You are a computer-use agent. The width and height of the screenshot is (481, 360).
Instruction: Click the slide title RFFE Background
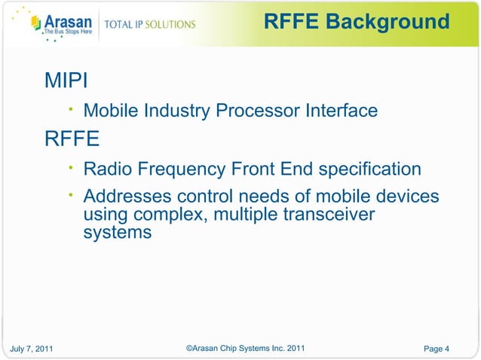tap(357, 22)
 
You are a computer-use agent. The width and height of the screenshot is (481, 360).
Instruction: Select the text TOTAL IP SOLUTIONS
tap(149, 24)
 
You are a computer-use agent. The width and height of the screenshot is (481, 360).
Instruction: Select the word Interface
tap(341, 111)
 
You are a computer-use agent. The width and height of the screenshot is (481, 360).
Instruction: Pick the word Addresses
tap(127, 197)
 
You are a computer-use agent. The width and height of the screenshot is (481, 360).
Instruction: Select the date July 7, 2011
tap(32, 348)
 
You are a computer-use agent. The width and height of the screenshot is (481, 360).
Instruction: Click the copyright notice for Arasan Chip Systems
tap(244, 347)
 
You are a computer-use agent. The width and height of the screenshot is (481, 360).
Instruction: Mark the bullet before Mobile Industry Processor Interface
tap(69, 110)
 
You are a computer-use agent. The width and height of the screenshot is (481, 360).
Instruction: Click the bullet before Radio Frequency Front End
tap(69, 167)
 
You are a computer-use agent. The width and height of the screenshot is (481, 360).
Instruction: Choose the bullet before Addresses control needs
tap(69, 196)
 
